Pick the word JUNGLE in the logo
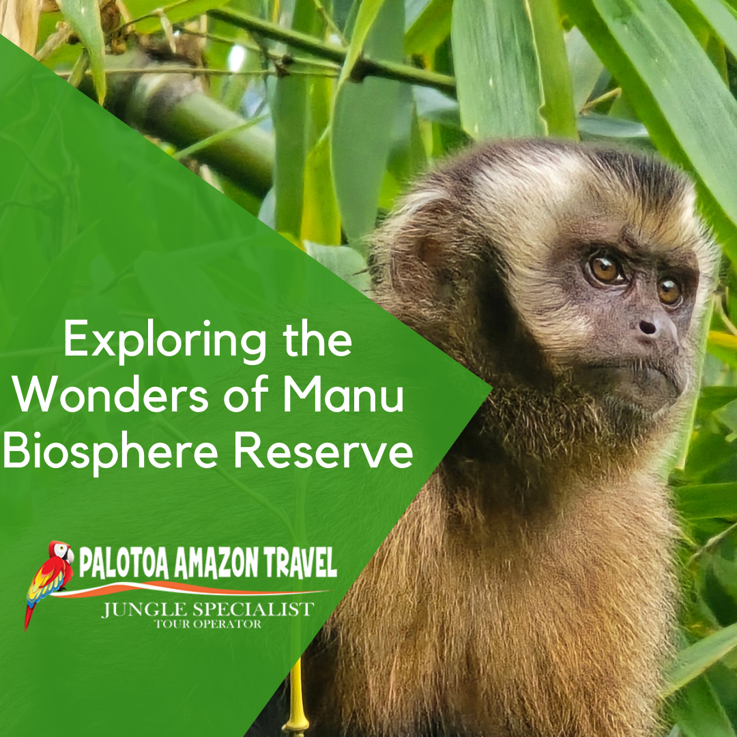click(141, 609)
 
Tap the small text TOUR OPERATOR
click(208, 624)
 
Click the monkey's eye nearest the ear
click(604, 268)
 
